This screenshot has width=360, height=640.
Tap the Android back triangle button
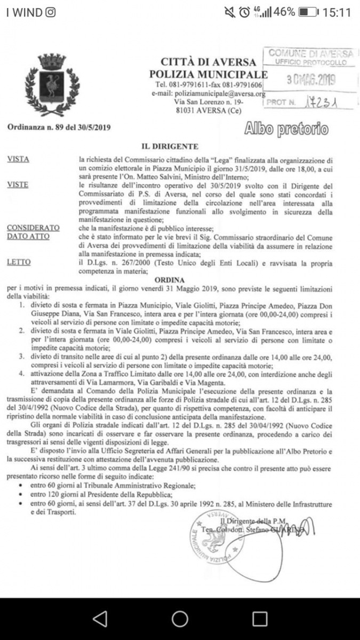tap(100, 618)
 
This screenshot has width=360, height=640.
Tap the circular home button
tap(180, 618)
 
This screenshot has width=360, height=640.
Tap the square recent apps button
tap(260, 618)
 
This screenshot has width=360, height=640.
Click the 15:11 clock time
tap(337, 12)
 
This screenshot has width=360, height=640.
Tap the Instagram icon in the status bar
tap(50, 12)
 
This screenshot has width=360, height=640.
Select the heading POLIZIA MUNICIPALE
tap(208, 74)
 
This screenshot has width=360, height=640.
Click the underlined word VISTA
tap(19, 159)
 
